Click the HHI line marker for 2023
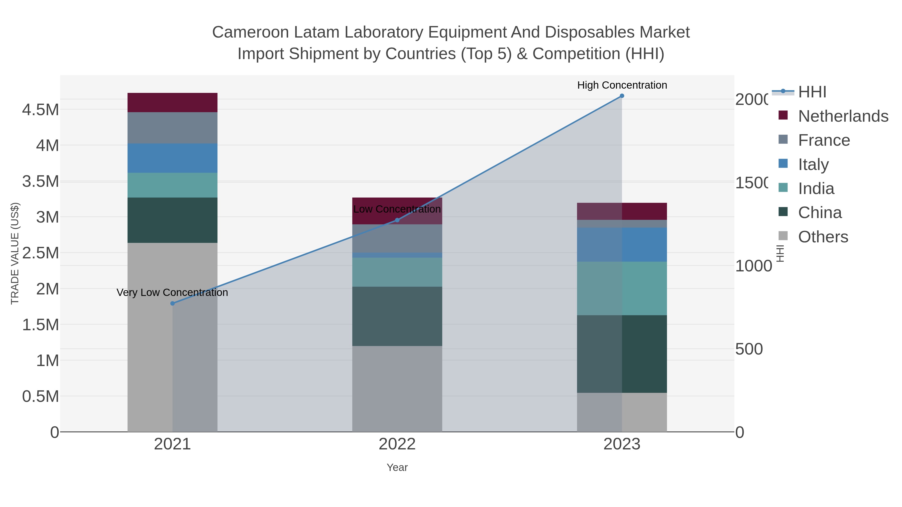point(622,96)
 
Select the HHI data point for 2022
point(397,220)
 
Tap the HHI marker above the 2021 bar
point(172,303)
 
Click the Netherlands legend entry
point(843,116)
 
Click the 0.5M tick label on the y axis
point(41,396)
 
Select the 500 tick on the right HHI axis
point(749,349)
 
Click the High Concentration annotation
point(622,85)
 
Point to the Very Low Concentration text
point(172,292)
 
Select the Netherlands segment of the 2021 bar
point(172,102)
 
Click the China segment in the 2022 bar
point(397,316)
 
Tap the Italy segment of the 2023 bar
point(622,245)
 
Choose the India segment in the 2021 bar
point(172,185)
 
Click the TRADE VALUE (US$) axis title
point(15,253)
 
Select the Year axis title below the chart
point(397,467)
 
